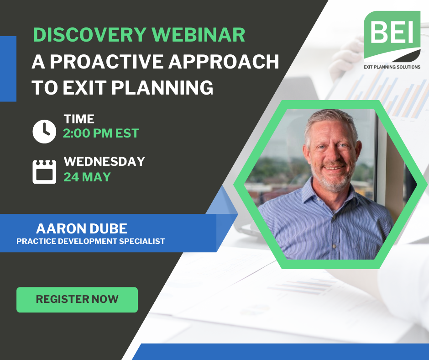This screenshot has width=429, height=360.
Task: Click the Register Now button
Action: [x=77, y=300]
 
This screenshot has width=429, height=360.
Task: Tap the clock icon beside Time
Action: [x=44, y=131]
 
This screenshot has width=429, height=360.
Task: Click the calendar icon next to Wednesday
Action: [x=44, y=171]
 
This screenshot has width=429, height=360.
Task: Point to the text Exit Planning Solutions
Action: [x=392, y=67]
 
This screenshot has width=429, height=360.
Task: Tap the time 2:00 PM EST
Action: [x=101, y=133]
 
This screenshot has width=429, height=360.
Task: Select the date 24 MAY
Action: [x=87, y=177]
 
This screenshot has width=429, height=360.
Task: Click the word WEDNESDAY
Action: [x=104, y=161]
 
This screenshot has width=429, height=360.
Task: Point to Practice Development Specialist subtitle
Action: [x=90, y=241]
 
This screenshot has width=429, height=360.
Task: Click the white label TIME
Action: [x=79, y=119]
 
